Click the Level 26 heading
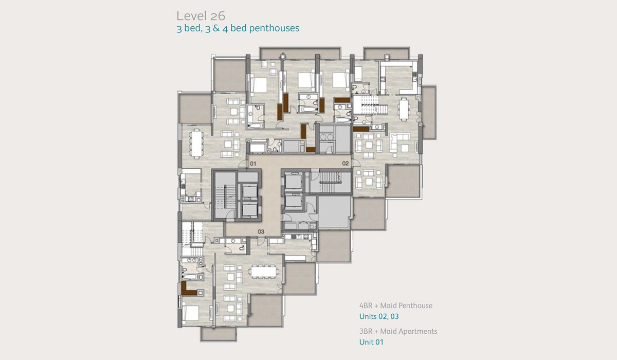201,16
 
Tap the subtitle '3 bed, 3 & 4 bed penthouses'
238,28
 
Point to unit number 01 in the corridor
253,164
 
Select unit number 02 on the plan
346,164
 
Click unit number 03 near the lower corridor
261,231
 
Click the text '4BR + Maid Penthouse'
396,305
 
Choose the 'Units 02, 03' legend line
379,316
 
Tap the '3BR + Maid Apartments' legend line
398,331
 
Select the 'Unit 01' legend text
371,342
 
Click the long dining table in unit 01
196,143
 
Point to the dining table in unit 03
263,272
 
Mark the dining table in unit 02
404,109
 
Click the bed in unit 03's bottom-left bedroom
191,313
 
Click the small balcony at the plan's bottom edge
219,334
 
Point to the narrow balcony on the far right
429,112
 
